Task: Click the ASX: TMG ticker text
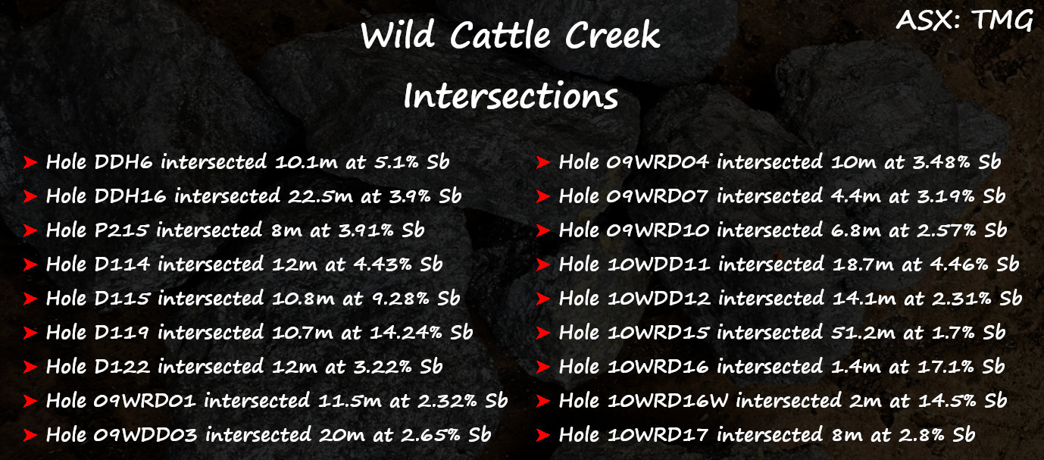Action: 964,20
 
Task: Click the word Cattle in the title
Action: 500,35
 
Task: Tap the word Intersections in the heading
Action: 511,95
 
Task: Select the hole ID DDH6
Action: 123,161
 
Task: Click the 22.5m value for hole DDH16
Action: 320,196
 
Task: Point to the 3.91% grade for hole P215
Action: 366,230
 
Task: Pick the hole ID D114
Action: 122,264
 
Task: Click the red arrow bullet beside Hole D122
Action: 30,367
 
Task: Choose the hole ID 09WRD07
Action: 657,196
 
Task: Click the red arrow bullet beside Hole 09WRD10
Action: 543,230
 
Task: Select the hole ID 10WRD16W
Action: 667,400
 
